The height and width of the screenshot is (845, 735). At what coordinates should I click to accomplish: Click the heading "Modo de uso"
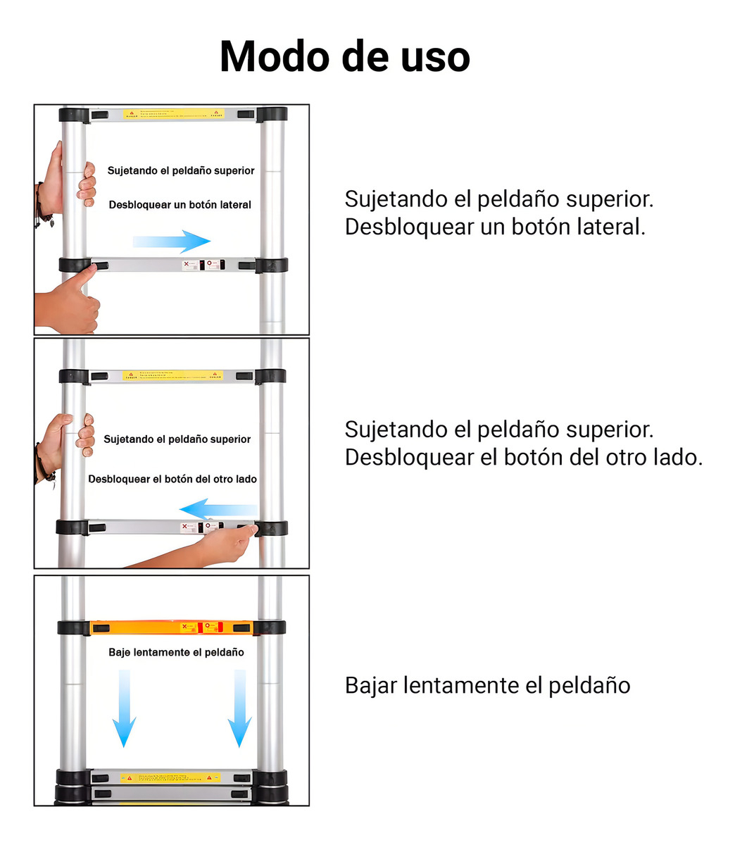344,56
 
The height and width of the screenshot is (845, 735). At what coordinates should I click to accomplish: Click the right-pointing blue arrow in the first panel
172,241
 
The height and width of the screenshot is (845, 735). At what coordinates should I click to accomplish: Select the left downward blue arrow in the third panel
125,708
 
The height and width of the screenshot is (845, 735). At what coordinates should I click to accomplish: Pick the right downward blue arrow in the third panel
239,708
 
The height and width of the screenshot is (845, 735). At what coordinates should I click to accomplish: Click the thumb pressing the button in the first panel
77,296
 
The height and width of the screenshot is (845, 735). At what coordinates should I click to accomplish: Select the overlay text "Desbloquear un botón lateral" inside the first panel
180,205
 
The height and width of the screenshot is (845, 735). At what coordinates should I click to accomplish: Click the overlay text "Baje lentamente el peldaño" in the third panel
176,652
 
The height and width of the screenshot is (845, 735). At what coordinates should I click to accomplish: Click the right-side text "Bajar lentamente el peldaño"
487,685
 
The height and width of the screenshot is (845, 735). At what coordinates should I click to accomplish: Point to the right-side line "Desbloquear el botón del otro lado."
523,458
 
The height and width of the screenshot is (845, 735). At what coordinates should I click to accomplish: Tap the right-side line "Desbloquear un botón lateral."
494,227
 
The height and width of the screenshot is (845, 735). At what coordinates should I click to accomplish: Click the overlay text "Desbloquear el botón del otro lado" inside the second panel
172,479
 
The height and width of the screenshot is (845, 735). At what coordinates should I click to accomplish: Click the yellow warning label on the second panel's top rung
172,376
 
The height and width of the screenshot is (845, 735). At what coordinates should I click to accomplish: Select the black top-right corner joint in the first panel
272,114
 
